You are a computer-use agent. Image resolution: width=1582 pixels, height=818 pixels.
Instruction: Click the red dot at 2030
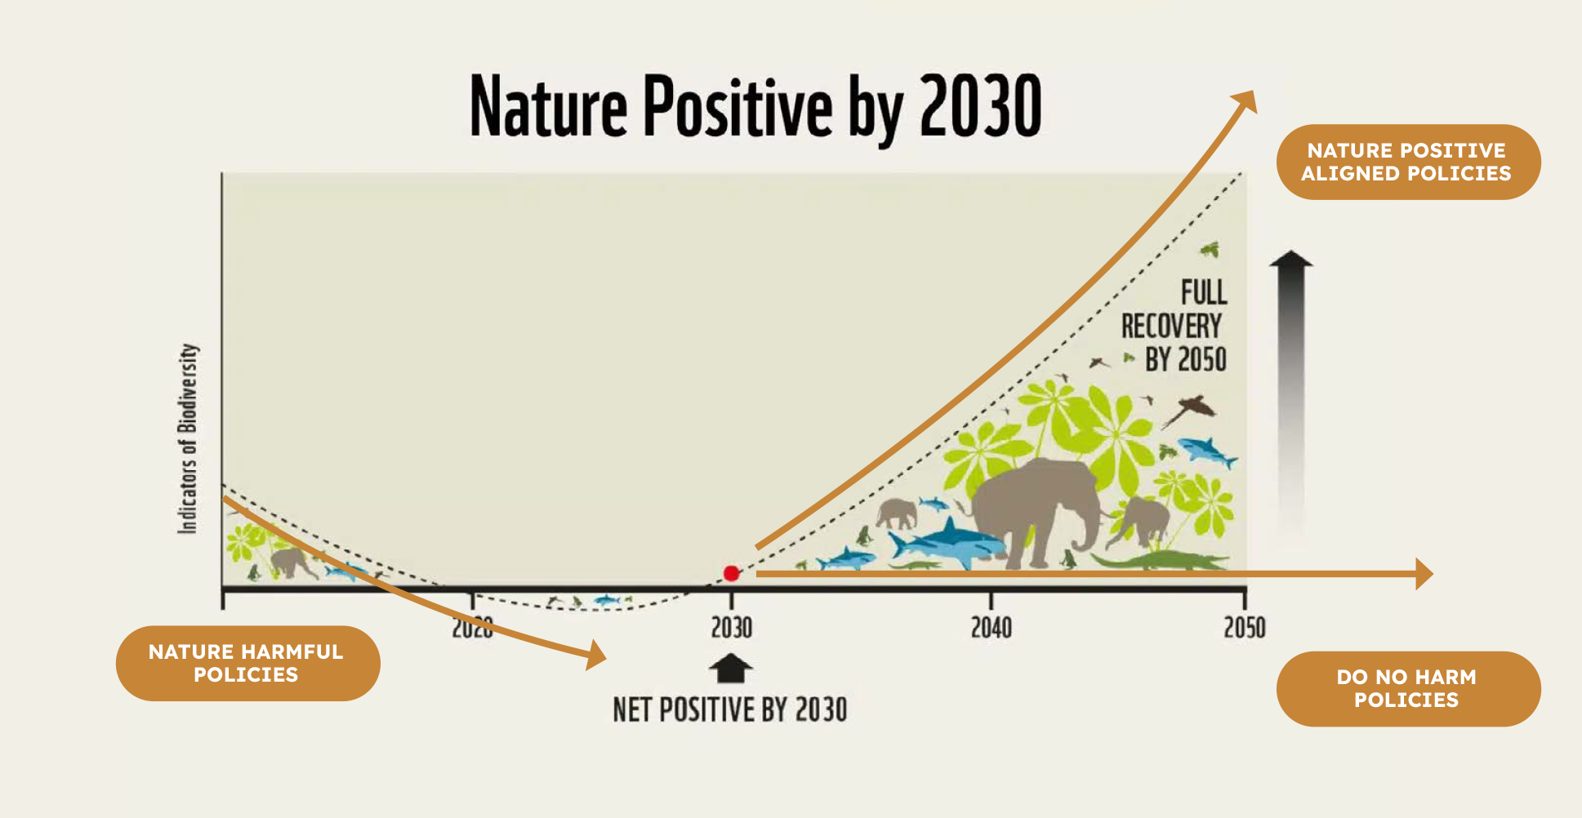click(731, 573)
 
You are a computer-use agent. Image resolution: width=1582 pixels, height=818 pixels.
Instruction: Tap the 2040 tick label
click(991, 628)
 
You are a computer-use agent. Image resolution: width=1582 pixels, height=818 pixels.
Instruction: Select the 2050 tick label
click(1245, 628)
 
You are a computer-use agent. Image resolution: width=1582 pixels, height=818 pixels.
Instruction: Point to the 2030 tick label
click(731, 628)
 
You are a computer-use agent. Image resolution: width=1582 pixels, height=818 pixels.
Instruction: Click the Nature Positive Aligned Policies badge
click(1408, 162)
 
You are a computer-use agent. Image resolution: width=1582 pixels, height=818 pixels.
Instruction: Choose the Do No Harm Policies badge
click(1408, 688)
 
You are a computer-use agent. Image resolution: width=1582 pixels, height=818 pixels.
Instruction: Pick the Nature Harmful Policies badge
click(247, 663)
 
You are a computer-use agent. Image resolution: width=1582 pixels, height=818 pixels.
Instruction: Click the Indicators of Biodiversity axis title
click(188, 438)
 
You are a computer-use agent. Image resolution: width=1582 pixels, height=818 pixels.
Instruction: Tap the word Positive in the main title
click(738, 106)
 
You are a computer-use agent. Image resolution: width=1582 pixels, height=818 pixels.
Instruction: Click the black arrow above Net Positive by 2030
click(731, 668)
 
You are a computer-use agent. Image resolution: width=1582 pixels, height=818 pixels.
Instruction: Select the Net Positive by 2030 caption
click(730, 709)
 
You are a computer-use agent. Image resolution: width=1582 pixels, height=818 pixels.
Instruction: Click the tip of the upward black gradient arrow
click(1290, 251)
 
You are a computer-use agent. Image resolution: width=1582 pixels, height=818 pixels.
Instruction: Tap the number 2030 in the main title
click(980, 106)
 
